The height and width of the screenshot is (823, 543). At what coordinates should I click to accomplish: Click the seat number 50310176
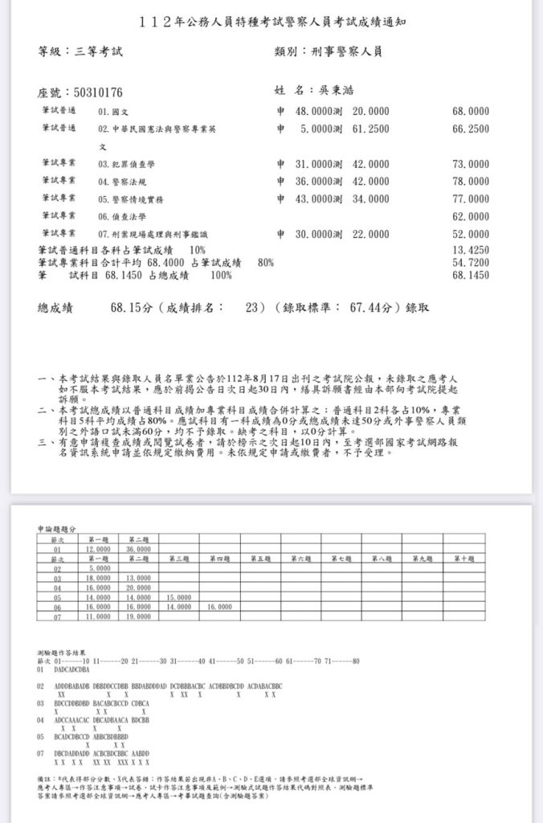click(93, 93)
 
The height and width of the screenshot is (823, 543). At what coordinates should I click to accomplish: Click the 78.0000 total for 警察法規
click(471, 182)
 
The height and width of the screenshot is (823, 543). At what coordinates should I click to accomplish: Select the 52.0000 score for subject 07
click(471, 235)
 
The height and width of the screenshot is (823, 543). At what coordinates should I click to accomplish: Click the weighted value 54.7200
click(471, 263)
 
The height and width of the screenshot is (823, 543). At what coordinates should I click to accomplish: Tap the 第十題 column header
click(463, 558)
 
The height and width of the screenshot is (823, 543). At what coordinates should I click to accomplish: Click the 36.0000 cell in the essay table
click(138, 548)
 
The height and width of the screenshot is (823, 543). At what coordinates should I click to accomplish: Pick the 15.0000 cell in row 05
click(179, 598)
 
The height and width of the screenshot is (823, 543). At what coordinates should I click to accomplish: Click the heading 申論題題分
click(57, 530)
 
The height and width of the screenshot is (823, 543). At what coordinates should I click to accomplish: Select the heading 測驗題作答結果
click(63, 653)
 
